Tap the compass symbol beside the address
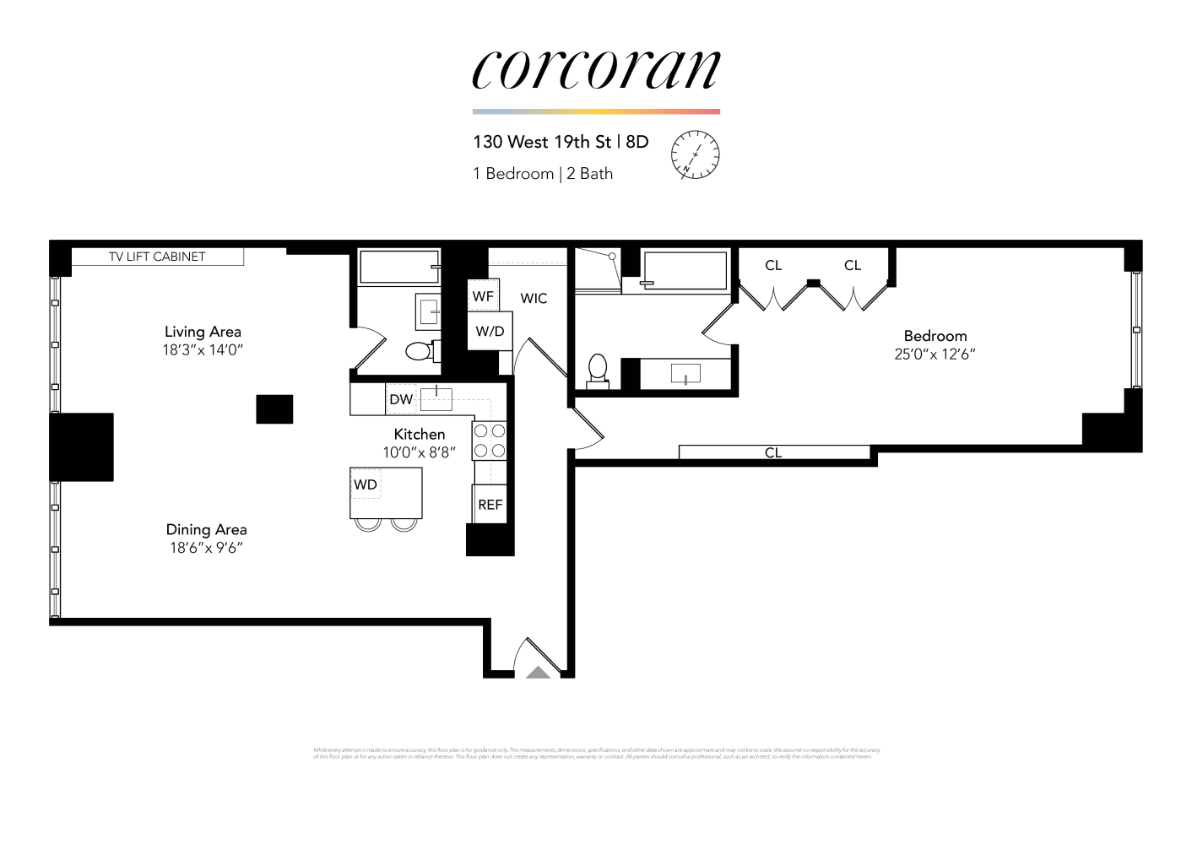695,155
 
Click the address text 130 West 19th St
541,142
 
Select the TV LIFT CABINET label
157,257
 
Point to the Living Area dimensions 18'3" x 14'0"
203,350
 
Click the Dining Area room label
206,529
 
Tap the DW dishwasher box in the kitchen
401,399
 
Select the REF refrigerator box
490,505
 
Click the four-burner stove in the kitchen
489,441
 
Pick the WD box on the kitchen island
366,484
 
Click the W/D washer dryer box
490,331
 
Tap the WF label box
483,296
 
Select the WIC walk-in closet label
534,298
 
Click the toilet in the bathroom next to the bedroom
598,370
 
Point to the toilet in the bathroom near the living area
420,350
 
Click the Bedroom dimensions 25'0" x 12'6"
935,354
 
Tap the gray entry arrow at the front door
538,672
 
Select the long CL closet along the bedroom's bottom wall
773,452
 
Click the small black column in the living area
274,409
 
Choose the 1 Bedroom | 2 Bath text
543,174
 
